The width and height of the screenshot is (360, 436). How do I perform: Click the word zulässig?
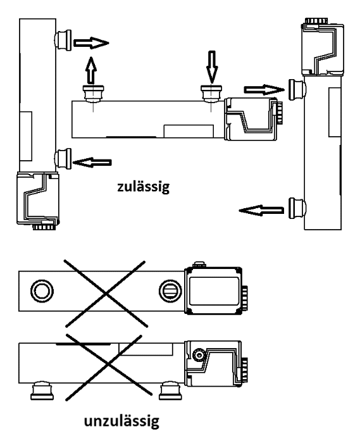[143, 187]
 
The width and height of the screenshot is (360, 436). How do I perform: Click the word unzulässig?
[121, 421]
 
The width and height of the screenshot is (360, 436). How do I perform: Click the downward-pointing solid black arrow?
[212, 67]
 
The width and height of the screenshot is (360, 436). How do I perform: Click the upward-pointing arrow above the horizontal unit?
[91, 70]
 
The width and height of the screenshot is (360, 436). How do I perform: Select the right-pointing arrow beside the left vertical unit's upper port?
[91, 43]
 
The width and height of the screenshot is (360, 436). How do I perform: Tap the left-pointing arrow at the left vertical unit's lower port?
[92, 163]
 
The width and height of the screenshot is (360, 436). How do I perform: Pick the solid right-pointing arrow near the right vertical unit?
[264, 90]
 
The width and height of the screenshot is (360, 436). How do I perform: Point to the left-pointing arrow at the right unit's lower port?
[261, 211]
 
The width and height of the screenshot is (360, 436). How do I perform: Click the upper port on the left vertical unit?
[63, 40]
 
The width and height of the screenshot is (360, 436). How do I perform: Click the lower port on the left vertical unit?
[63, 158]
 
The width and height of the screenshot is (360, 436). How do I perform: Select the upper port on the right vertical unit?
[297, 89]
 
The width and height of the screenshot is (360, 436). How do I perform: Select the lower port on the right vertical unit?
[297, 208]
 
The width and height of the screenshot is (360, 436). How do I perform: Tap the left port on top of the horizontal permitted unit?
[94, 94]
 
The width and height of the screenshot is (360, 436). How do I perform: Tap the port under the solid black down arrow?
[211, 94]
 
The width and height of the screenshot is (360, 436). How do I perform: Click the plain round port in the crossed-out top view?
[42, 291]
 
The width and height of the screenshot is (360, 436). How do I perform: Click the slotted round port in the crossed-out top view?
[170, 291]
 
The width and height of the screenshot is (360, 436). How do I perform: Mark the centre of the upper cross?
[106, 294]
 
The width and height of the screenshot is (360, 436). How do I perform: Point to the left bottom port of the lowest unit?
[42, 391]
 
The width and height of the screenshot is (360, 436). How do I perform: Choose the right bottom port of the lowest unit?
[170, 391]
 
